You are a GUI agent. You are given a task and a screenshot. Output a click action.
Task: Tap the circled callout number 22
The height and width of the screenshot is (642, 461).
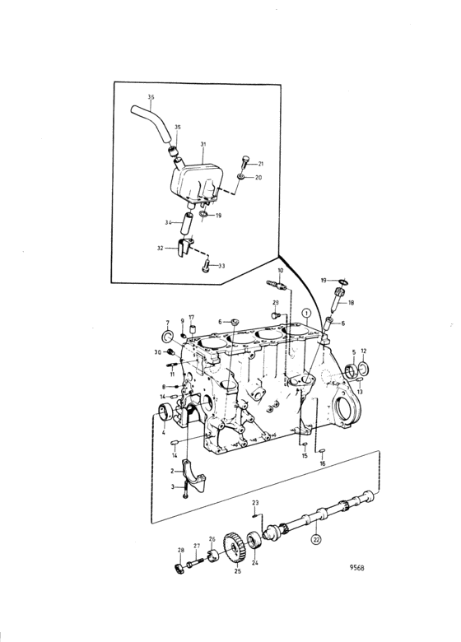tap(316, 540)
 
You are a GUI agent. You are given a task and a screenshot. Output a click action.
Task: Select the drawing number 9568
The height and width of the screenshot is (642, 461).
tap(357, 567)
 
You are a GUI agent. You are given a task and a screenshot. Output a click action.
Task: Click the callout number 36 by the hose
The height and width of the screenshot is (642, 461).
tap(151, 97)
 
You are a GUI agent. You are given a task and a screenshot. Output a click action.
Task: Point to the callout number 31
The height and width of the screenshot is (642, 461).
tap(203, 144)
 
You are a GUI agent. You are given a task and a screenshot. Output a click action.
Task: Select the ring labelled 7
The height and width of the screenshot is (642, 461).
tap(166, 336)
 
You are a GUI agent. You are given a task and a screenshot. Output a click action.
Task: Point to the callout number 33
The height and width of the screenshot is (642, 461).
tap(221, 266)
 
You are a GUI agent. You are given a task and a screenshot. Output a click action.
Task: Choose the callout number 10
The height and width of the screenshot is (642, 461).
tap(281, 271)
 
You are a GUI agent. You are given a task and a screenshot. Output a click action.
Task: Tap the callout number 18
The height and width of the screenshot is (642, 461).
tap(352, 303)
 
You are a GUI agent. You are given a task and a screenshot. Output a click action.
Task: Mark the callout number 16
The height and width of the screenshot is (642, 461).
tap(322, 463)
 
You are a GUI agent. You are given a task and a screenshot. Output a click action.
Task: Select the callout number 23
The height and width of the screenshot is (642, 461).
tap(255, 503)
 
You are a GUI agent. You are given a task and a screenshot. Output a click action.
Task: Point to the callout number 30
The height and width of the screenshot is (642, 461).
tap(158, 351)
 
